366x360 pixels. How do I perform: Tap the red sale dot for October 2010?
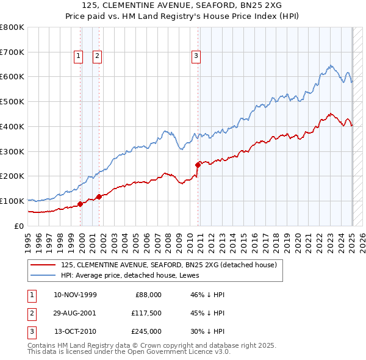(198, 165)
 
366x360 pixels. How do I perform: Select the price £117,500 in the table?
(146, 313)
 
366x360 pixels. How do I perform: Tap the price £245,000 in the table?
(146, 331)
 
